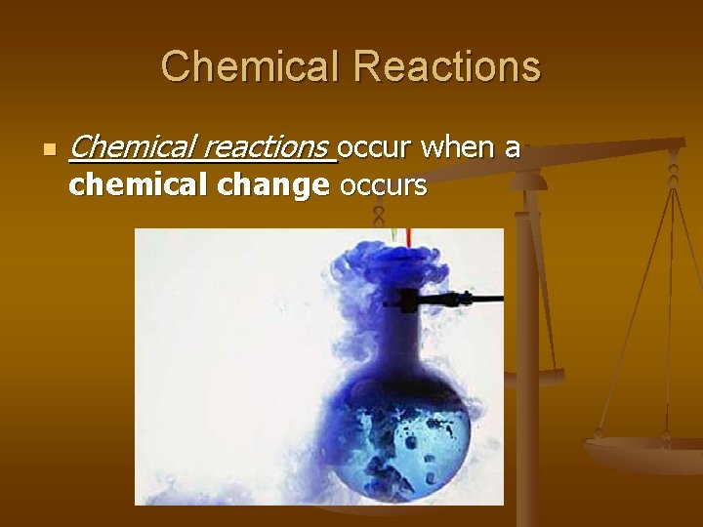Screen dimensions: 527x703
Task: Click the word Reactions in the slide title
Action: tap(447, 67)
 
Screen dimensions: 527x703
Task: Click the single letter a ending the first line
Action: tap(512, 148)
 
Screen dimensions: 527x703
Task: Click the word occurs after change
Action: tap(383, 185)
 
